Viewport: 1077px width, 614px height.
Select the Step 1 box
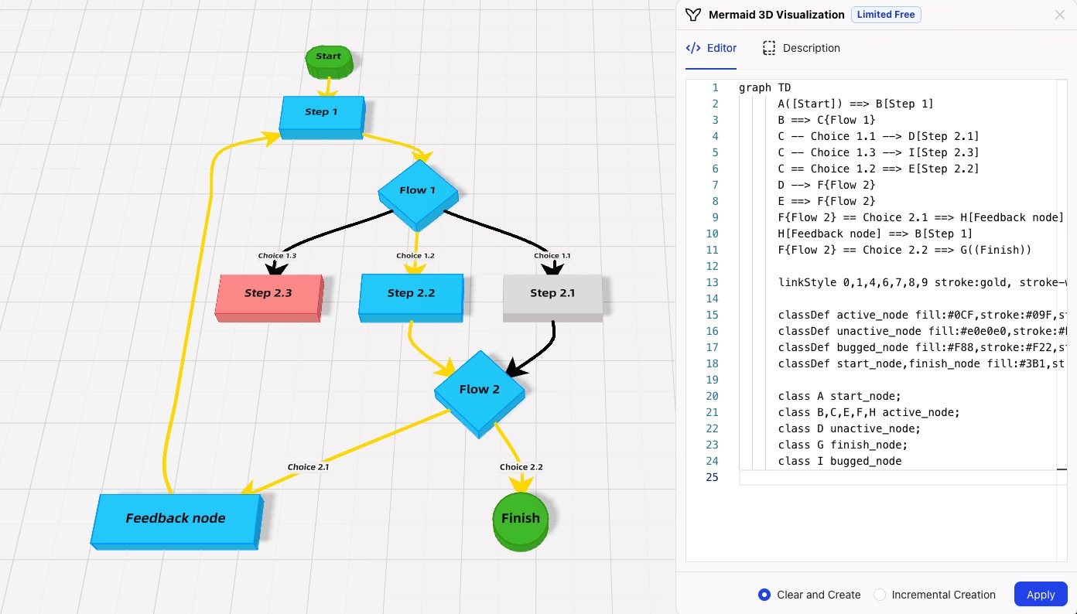coord(321,114)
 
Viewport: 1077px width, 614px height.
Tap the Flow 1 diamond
coord(418,192)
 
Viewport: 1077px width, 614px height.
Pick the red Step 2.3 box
coord(268,295)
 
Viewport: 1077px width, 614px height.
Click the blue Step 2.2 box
coord(411,295)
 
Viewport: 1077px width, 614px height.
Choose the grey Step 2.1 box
coord(552,295)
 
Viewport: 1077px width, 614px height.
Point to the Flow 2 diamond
coord(479,391)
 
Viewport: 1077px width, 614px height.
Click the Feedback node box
coord(176,519)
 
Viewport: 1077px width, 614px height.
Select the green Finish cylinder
coord(520,520)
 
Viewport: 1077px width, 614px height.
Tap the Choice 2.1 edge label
coord(308,466)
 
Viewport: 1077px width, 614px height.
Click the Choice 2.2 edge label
coord(521,466)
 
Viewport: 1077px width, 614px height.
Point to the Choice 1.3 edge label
coord(277,256)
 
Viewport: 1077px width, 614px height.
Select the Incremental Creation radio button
coord(880,595)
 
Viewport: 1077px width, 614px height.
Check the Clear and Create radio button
coord(764,595)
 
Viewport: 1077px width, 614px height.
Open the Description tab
coord(801,48)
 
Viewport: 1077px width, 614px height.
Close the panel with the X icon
coord(1060,15)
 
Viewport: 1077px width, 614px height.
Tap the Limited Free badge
coord(886,15)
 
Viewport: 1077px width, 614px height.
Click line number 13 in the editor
coord(712,282)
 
